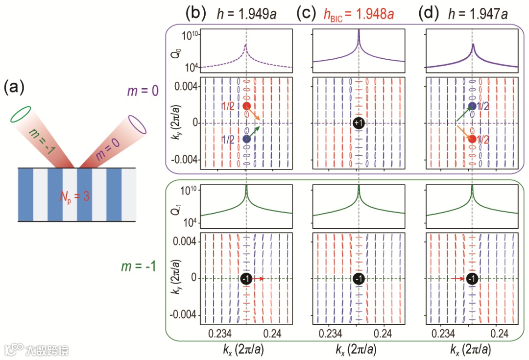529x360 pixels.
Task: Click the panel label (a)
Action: (14, 89)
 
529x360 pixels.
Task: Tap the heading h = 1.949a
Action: (247, 14)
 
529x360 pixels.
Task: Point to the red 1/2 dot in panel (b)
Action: (246, 106)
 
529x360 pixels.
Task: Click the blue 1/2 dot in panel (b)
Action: (246, 139)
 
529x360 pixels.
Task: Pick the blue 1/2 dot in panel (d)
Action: (472, 106)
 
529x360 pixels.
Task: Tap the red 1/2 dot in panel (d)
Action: (472, 139)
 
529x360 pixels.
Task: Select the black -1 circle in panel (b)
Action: (246, 279)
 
